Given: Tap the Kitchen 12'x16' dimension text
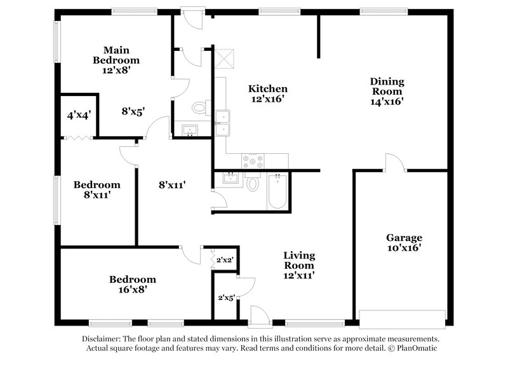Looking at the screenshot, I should coord(267,99).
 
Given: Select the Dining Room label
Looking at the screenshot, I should coord(387,86).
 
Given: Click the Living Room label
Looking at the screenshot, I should coord(298,260).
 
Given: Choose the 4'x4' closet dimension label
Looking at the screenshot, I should coord(78,116).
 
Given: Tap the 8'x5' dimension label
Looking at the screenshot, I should coord(133,111).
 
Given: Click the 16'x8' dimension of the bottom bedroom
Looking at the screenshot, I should coord(132,289).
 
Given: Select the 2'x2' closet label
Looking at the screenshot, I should coord(225,259).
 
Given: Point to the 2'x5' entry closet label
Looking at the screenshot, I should coord(225,297).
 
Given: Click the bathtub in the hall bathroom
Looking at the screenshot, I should coord(277,191).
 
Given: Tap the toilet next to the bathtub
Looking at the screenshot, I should coord(253,182).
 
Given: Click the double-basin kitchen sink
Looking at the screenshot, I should coord(222,123).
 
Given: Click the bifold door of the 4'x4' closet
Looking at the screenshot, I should coord(78,137).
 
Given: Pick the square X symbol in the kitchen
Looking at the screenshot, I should coord(224,58).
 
